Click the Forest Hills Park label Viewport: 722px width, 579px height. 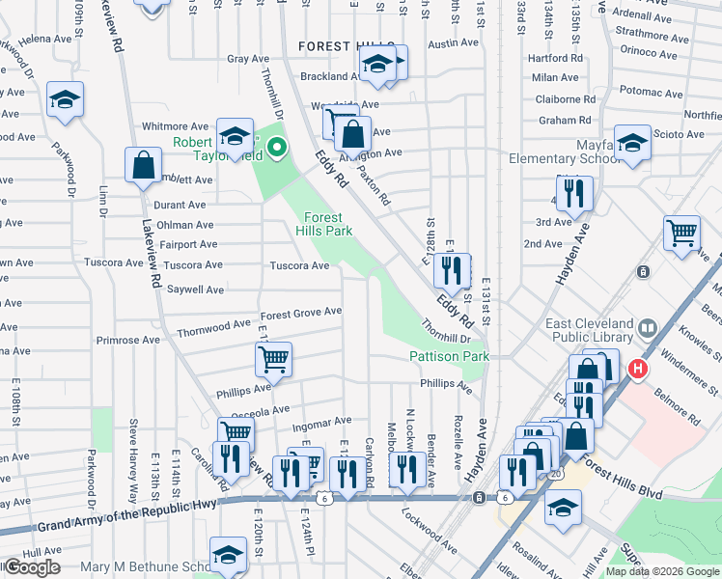tap(323, 224)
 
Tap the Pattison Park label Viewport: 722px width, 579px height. tap(450, 357)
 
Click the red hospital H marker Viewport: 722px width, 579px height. tap(636, 369)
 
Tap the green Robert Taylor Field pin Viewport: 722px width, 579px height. tap(276, 148)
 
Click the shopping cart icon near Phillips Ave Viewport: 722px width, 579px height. tap(273, 361)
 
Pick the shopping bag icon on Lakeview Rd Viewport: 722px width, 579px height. tap(144, 165)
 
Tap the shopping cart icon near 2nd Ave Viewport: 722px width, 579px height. tap(682, 234)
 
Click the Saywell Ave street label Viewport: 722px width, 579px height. tap(196, 289)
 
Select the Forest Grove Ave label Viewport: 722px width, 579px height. tap(301, 312)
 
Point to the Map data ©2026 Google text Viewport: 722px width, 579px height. tap(662, 572)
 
